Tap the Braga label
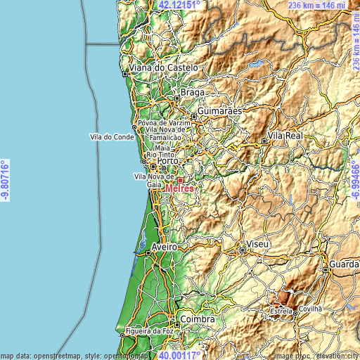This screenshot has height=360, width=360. tap(193, 92)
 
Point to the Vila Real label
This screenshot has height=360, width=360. tap(285, 135)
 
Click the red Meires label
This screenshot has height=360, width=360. tap(179, 188)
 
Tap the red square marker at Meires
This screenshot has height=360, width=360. tap(180, 180)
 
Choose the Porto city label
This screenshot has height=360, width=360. tap(168, 161)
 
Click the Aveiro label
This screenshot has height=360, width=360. tap(165, 248)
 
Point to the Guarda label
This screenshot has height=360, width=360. tap(342, 266)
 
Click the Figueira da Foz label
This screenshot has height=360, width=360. tap(150, 330)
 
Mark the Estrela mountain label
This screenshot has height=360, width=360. tap(281, 310)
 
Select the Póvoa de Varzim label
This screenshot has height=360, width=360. tap(165, 122)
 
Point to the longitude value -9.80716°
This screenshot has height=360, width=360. tap(6, 180)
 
